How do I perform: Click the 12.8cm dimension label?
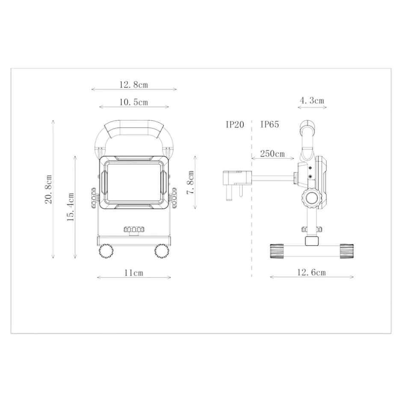(133, 85)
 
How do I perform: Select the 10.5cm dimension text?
(133, 102)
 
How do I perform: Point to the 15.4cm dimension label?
(71, 207)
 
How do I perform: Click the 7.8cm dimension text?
(190, 183)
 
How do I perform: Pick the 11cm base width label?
(133, 273)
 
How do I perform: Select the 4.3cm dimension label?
(312, 101)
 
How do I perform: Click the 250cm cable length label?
(272, 154)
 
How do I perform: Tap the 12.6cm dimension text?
(312, 272)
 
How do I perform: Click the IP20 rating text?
(235, 125)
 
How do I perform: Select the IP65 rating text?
(269, 125)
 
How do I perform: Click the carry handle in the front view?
(133, 129)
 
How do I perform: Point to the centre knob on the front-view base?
(134, 230)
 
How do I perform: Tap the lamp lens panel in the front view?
(133, 183)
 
